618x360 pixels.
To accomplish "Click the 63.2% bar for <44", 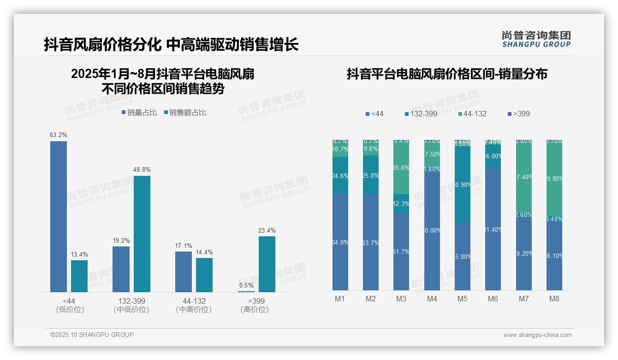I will (59, 216).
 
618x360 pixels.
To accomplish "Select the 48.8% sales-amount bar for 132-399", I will (142, 234).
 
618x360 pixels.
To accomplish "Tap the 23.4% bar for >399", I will (267, 264).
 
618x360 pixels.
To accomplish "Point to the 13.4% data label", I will (79, 255).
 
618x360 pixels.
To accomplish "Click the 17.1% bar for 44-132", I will (184, 271).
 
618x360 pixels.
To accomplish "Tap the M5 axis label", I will (463, 299).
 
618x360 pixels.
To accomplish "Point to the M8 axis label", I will (554, 299).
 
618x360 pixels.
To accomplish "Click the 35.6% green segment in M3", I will (401, 167).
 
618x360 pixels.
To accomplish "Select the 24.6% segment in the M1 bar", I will (340, 175).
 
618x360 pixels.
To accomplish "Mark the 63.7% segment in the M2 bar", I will (371, 242).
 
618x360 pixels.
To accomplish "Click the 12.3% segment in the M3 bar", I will (401, 204).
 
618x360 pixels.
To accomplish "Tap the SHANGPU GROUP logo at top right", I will (536, 39).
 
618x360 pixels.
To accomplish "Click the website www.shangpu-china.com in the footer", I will (537, 335).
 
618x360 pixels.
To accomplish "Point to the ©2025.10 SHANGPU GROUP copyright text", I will (92, 335).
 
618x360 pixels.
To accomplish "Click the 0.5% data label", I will (246, 285).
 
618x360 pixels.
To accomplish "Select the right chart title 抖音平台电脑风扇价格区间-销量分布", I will (447, 74).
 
